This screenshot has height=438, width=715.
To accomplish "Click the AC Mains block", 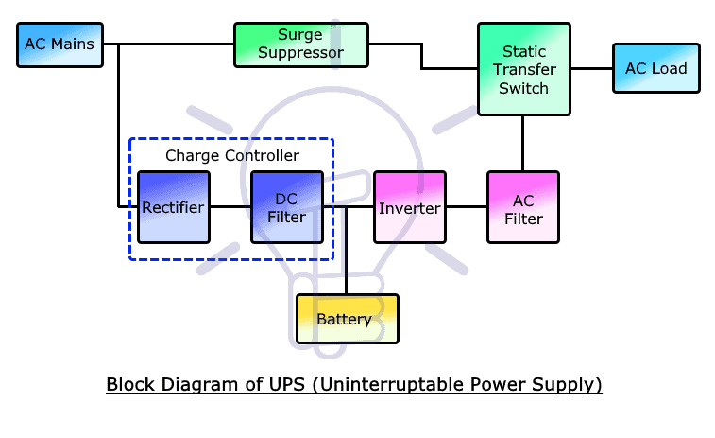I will pyautogui.click(x=60, y=44).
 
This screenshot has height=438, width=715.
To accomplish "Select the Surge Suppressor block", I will pyautogui.click(x=300, y=44).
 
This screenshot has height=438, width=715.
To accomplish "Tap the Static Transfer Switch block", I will pyautogui.click(x=524, y=69).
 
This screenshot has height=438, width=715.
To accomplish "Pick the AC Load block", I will pyautogui.click(x=655, y=68).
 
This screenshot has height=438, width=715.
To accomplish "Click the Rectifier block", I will pyautogui.click(x=173, y=207).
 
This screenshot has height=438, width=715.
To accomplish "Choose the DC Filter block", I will pyautogui.click(x=286, y=207).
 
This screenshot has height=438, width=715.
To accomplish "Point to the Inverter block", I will pyautogui.click(x=409, y=207).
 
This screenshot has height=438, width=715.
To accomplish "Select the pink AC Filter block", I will pyautogui.click(x=523, y=207).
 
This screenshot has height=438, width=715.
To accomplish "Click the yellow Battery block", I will pyautogui.click(x=347, y=319).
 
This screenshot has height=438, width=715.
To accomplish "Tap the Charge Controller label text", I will pyautogui.click(x=232, y=155).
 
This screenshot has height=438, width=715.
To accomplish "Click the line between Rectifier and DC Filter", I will pyautogui.click(x=230, y=206).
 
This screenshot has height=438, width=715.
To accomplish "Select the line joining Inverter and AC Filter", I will pyautogui.click(x=466, y=206).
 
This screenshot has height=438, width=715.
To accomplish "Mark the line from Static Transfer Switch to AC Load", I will pyautogui.click(x=592, y=68).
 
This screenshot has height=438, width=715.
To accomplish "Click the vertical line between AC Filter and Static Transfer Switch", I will pyautogui.click(x=523, y=143).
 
